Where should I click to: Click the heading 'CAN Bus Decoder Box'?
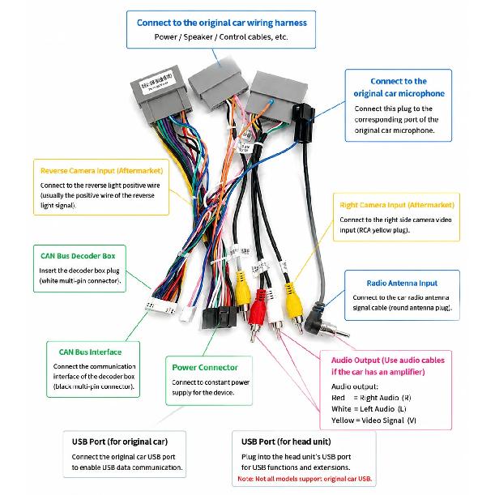point(78,256)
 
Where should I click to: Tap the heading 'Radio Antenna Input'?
point(402,284)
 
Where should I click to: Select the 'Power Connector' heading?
point(205,368)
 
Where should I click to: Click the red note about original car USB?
point(305,479)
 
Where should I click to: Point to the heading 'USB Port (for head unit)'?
point(286,442)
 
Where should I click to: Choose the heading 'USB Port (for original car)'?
point(120,442)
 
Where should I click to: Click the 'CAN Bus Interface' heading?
point(90,352)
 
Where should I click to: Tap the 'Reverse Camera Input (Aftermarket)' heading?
point(101,171)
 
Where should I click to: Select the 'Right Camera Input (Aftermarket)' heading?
point(397,205)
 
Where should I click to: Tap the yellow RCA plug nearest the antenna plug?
point(294,305)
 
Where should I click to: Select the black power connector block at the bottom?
point(220,318)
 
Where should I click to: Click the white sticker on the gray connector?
point(156,82)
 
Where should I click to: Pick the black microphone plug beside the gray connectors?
point(303,122)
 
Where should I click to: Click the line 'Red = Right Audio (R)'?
point(371,398)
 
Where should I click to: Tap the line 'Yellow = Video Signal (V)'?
point(373,420)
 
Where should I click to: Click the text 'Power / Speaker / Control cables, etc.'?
point(221,37)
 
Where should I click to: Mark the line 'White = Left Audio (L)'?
point(369,409)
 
